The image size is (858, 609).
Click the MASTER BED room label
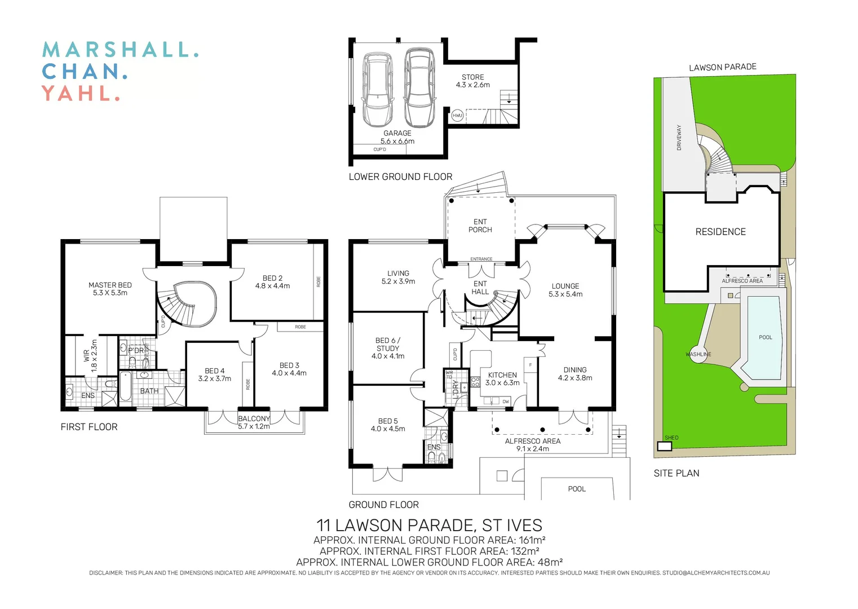(110, 289)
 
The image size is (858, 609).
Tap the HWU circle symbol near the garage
(457, 116)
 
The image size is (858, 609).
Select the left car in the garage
(378, 90)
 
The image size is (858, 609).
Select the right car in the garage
(419, 87)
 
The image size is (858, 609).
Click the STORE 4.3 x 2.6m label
(472, 81)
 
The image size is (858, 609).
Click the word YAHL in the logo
(81, 93)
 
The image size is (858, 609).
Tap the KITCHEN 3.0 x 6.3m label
(502, 378)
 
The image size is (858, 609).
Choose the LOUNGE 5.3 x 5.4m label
(565, 290)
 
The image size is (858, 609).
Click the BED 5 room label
(388, 425)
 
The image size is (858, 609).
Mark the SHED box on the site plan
(665, 446)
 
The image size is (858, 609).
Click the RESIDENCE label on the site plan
(720, 232)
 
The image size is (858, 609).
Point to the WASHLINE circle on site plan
(698, 354)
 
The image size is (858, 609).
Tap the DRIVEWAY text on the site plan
(679, 137)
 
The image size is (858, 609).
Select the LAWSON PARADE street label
(722, 67)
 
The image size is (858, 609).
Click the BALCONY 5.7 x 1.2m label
(254, 422)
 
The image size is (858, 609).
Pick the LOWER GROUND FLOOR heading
(400, 176)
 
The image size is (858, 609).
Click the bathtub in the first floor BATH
(125, 386)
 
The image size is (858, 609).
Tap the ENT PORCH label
(480, 226)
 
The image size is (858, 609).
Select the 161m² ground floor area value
(532, 540)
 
